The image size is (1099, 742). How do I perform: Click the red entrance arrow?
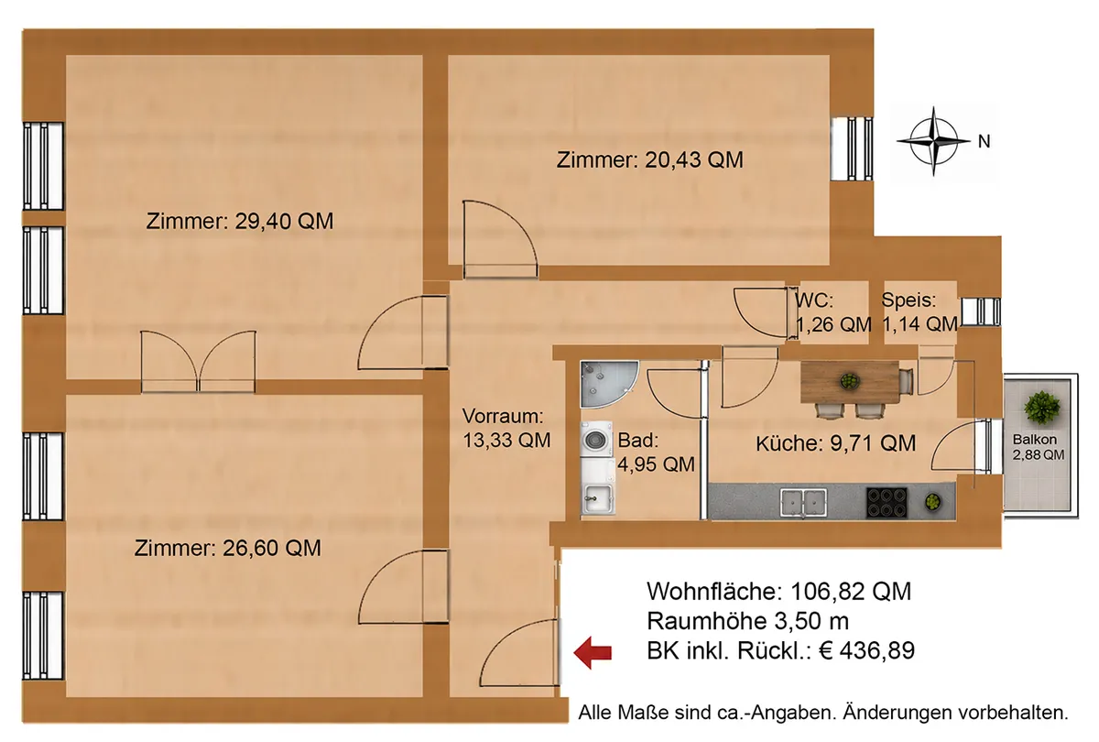[x=593, y=652]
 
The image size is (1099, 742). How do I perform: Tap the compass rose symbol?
[x=933, y=141]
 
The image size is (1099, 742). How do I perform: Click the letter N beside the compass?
[x=984, y=142]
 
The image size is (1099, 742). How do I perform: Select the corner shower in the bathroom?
[x=609, y=384]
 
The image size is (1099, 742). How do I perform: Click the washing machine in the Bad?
[x=596, y=439]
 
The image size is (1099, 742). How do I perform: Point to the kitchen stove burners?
[x=887, y=503]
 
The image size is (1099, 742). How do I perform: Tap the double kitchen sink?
[x=803, y=504]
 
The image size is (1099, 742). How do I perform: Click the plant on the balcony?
[x=1041, y=408]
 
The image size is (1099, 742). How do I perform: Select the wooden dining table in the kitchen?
[x=850, y=381]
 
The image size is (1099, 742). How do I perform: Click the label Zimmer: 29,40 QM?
[x=240, y=222]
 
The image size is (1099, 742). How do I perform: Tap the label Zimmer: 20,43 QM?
[x=649, y=160]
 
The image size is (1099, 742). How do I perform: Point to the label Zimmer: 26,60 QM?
[x=228, y=548]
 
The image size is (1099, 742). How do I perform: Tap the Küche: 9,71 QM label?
[x=835, y=443]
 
